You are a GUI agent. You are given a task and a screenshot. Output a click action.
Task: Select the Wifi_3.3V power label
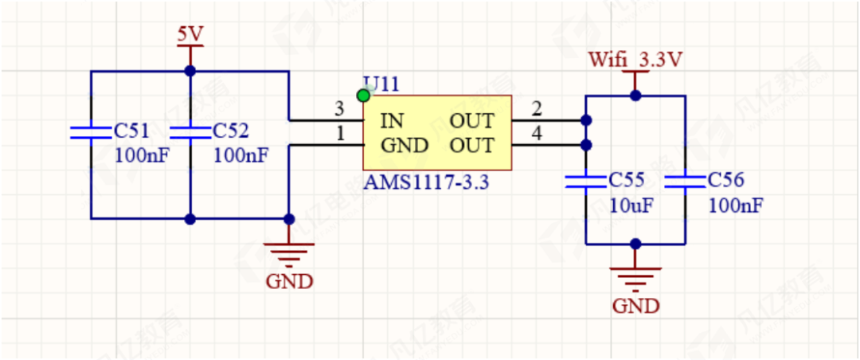point(636,61)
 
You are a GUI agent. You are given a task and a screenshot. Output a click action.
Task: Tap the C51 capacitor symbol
point(91,132)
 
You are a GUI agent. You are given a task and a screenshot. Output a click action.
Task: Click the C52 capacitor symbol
point(190,132)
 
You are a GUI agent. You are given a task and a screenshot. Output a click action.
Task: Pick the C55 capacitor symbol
point(586,182)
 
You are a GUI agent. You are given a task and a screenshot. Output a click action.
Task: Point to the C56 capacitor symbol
point(685,182)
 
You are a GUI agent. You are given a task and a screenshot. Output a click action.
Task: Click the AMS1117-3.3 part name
point(426,182)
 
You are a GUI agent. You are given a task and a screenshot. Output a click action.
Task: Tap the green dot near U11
point(364,96)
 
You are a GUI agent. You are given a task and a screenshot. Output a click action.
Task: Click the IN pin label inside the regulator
point(392,121)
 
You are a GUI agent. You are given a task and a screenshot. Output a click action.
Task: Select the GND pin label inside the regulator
point(405,146)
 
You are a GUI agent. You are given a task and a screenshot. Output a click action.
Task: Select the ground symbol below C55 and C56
point(635,278)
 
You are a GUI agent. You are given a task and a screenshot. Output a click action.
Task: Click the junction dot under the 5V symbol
point(190,71)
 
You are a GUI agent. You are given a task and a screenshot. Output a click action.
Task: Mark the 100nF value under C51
point(142,155)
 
